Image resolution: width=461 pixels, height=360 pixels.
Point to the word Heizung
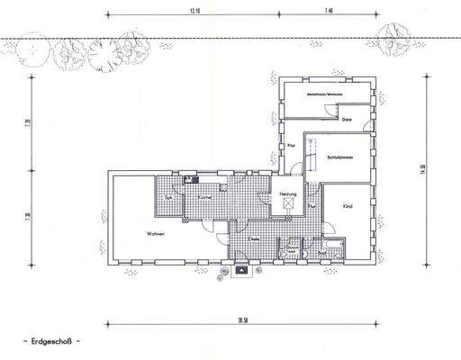point(288,193)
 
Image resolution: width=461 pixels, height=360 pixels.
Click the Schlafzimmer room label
point(340,156)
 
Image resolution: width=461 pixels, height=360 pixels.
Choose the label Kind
point(348,206)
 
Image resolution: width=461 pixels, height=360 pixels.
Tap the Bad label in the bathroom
point(321,254)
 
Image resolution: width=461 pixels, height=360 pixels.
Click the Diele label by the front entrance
point(255,239)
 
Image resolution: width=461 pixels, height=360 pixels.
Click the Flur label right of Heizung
point(311,206)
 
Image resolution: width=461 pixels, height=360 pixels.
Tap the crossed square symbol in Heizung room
point(288,206)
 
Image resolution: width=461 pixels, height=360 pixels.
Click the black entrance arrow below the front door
point(242,269)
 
